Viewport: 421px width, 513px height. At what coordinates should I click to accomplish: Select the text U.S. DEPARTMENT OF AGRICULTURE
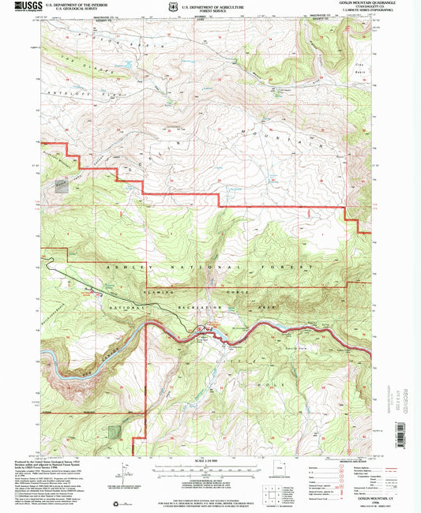tap(210, 5)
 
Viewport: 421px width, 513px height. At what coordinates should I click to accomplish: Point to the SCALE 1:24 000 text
tap(210, 460)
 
